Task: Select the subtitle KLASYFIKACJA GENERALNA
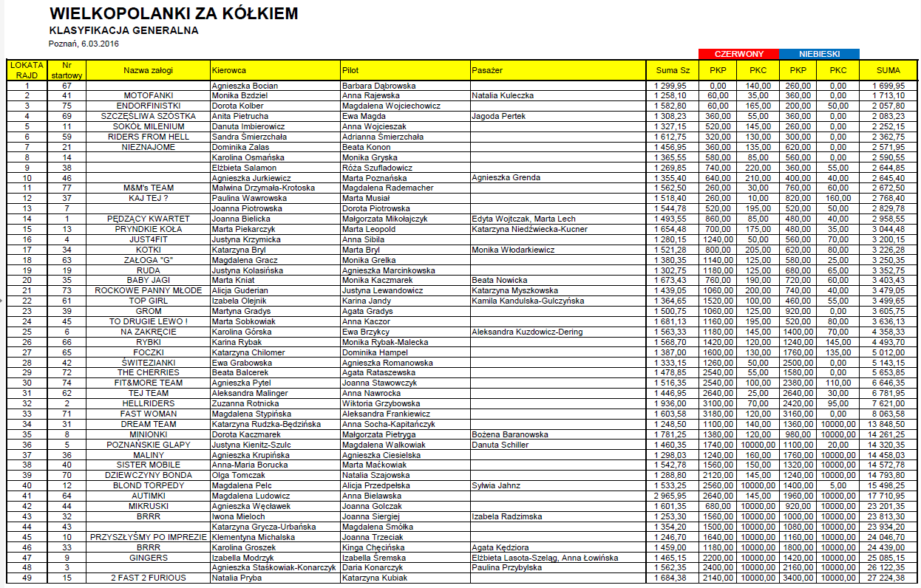click(x=123, y=31)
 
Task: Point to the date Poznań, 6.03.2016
click(x=84, y=44)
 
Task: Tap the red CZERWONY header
click(x=738, y=54)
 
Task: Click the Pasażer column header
click(x=487, y=70)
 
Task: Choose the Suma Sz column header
click(x=673, y=70)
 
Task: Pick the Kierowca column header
click(x=228, y=70)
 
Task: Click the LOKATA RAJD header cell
click(x=27, y=69)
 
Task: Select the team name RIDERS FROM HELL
click(x=149, y=137)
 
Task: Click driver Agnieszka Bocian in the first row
click(x=245, y=86)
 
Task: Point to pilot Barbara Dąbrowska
click(x=379, y=86)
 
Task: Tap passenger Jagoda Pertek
click(x=498, y=116)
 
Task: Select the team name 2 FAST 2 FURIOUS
click(x=149, y=578)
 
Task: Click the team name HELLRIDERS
click(x=149, y=403)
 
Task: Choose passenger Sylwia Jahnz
click(x=497, y=485)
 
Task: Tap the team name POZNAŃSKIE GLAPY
click(x=149, y=445)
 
